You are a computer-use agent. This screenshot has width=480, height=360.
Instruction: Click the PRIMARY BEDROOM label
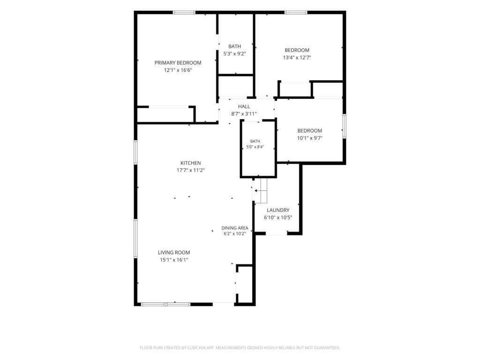click(x=178, y=63)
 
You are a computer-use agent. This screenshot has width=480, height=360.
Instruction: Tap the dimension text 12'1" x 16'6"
click(x=178, y=70)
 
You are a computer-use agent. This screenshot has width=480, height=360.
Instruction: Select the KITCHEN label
click(x=190, y=163)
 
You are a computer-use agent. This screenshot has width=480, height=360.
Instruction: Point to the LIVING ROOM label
click(x=174, y=253)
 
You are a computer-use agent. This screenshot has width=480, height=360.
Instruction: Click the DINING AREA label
click(x=235, y=228)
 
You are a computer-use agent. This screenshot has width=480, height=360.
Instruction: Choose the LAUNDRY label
click(x=278, y=210)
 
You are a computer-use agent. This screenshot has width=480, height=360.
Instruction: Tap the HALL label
click(x=244, y=106)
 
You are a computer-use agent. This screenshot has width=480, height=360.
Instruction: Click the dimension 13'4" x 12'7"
click(x=297, y=58)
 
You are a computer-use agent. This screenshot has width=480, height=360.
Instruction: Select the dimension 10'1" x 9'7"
click(x=310, y=138)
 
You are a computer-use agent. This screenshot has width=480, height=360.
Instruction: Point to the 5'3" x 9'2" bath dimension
click(x=234, y=53)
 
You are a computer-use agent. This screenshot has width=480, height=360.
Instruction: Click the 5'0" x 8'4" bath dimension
click(x=255, y=147)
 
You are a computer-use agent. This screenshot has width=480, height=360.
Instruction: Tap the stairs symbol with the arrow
click(x=261, y=191)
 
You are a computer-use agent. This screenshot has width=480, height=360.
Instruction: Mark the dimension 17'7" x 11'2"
click(x=190, y=170)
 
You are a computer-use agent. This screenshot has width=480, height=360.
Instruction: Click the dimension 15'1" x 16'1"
click(x=174, y=260)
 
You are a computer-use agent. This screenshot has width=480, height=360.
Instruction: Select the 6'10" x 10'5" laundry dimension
click(x=278, y=217)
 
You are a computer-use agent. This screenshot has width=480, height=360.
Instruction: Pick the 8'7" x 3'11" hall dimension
click(x=244, y=114)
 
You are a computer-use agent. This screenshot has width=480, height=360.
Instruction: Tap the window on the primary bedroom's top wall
click(x=184, y=13)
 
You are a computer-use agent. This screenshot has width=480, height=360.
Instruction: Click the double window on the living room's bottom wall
click(x=165, y=304)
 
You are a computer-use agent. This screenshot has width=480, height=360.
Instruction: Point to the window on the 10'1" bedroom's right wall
click(x=345, y=126)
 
